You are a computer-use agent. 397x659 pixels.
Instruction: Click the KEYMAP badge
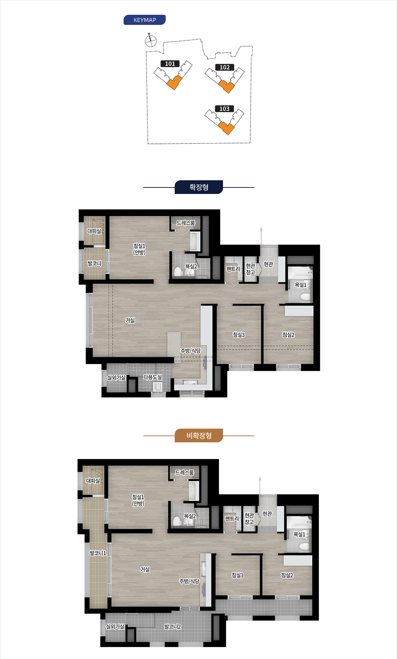(144, 20)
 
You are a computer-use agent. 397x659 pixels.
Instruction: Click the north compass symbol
(150, 40)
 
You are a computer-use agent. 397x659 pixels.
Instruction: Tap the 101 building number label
(170, 64)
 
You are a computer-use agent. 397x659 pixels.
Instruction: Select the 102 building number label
(224, 67)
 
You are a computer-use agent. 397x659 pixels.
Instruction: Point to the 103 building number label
(224, 109)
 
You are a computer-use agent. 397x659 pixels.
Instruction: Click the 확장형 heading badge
(199, 187)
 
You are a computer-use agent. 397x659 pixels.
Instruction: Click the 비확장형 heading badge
(199, 435)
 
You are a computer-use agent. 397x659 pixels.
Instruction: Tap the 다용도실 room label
(153, 377)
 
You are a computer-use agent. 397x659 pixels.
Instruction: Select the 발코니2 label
(173, 627)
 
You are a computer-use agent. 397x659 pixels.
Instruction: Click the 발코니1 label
(98, 553)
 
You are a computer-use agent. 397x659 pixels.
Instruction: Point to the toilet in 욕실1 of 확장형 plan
(305, 297)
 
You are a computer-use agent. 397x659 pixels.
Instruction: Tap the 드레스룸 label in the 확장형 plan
(186, 223)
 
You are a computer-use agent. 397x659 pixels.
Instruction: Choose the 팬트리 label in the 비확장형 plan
(232, 518)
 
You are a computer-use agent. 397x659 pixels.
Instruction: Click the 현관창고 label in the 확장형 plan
(250, 269)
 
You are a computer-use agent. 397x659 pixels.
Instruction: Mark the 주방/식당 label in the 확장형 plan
(191, 351)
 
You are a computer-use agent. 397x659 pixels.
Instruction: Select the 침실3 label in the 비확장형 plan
(238, 575)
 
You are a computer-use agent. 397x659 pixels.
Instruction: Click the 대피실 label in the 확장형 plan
(94, 231)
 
